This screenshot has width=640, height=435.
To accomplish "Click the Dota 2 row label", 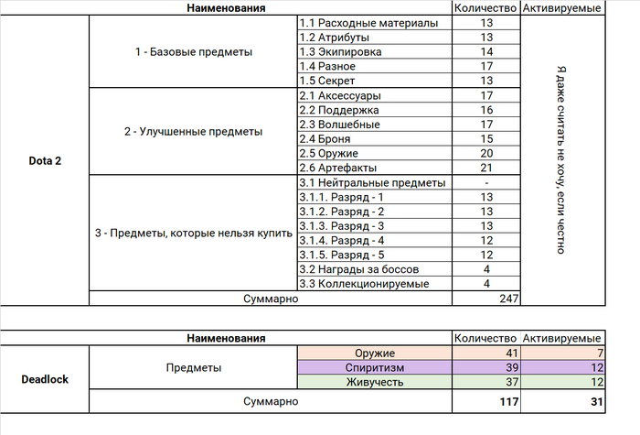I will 45,161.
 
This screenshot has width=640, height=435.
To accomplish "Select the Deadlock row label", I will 45,377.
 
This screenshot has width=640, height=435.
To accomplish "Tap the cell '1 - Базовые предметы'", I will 193,52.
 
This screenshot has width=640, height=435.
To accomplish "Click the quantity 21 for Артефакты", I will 485,169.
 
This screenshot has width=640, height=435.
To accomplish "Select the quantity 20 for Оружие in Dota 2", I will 485,154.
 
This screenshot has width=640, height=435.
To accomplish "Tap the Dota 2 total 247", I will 508,299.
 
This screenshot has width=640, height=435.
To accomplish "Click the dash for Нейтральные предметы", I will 485,183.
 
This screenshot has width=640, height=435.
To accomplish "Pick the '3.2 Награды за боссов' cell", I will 359,269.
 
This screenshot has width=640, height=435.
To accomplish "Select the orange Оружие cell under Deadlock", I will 375,353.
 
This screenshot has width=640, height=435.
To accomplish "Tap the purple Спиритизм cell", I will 375,367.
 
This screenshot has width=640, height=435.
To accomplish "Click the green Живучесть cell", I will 375,382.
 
